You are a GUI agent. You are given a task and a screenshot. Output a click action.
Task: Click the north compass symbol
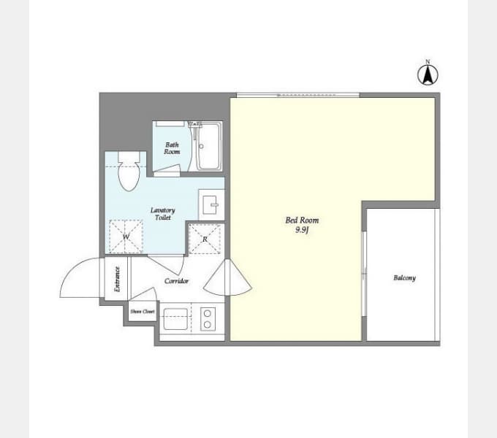pyautogui.click(x=428, y=74)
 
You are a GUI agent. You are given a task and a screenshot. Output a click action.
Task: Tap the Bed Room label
pyautogui.click(x=302, y=220)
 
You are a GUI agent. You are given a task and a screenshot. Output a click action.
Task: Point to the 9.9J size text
pyautogui.click(x=302, y=230)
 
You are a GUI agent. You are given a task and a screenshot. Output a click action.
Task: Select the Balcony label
pyautogui.click(x=404, y=278)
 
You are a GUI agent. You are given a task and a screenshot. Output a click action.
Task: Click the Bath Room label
pyautogui.click(x=172, y=148)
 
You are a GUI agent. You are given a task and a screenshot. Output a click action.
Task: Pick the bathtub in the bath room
pyautogui.click(x=208, y=147)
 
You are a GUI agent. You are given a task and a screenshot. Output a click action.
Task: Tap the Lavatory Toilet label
pyautogui.click(x=162, y=214)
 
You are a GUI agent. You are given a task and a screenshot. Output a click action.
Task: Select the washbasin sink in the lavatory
pyautogui.click(x=211, y=204)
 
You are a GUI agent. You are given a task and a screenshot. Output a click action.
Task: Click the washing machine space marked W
pyautogui.click(x=126, y=237)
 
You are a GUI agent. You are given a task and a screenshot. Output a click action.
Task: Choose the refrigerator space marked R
pyautogui.click(x=205, y=239)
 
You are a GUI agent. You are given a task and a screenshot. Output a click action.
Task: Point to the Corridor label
pyautogui.click(x=177, y=281)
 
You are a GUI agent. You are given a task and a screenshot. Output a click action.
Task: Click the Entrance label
pyautogui.click(x=117, y=279)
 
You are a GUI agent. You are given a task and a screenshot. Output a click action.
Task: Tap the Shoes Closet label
pyautogui.click(x=143, y=312)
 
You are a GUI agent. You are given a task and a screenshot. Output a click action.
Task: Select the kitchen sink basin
pyautogui.click(x=175, y=319)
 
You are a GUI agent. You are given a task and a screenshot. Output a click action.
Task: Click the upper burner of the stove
pyautogui.click(x=208, y=313)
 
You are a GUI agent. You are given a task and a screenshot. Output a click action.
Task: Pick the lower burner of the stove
pyautogui.click(x=208, y=324)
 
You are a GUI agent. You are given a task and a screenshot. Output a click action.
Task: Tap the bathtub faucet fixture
pyautogui.click(x=195, y=124)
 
